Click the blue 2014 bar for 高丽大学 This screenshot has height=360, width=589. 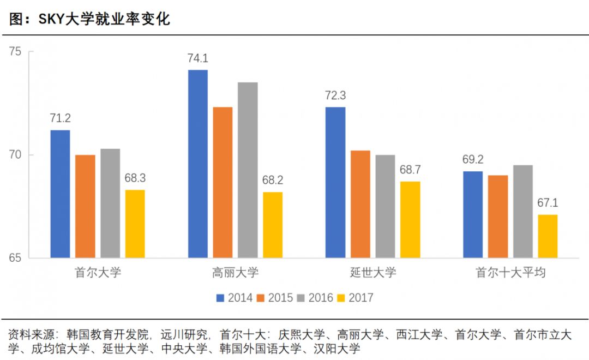(x=198, y=164)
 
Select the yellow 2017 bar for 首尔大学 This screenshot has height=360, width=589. (x=135, y=224)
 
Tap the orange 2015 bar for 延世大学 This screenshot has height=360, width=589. (x=360, y=204)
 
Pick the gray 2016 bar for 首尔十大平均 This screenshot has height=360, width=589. (x=523, y=211)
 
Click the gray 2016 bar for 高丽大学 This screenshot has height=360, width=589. (x=248, y=170)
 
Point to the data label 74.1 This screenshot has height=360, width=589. (x=198, y=59)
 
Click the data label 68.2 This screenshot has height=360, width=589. (x=273, y=181)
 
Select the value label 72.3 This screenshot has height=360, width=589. (x=335, y=95)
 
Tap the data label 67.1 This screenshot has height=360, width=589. (x=548, y=203)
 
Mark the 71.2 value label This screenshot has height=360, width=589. (x=60, y=118)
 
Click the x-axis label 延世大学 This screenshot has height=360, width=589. (x=373, y=272)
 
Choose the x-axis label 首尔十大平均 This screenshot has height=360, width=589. (x=510, y=272)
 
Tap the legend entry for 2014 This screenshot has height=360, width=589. (x=235, y=298)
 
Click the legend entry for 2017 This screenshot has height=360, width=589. (x=355, y=298)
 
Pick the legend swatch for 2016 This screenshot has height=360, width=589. (x=301, y=298)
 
